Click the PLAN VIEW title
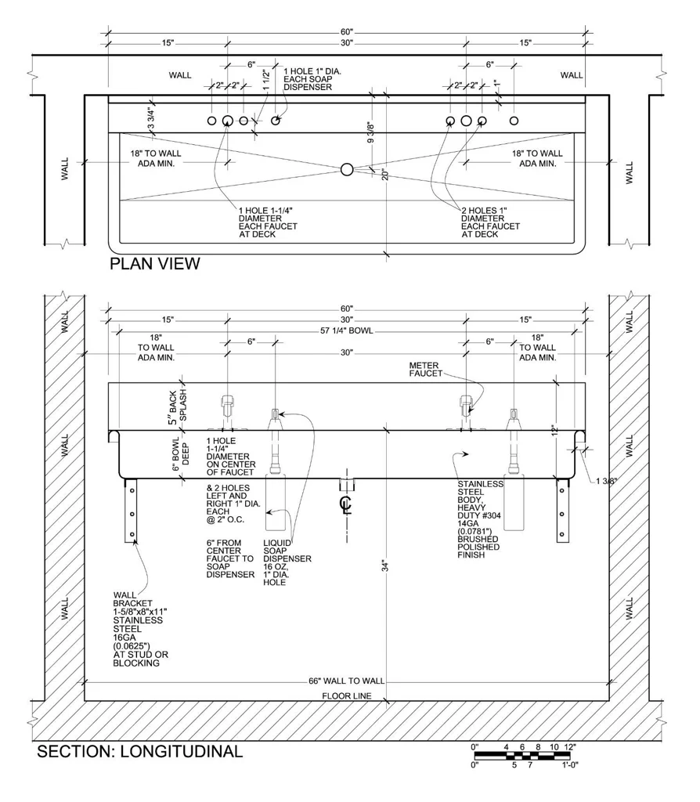(155, 264)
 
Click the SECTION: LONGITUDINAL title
(139, 751)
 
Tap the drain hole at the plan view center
(347, 169)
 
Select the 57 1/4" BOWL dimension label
(347, 331)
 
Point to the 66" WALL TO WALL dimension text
(346, 681)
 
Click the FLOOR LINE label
(347, 695)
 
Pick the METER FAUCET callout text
(425, 370)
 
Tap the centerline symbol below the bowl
(346, 504)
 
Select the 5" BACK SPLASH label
(178, 406)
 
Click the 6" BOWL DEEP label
(181, 454)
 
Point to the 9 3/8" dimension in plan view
(371, 132)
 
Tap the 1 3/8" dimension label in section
(606, 481)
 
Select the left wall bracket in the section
(132, 511)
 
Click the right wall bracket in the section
(562, 511)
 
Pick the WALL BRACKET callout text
(141, 629)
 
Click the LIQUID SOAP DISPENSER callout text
(287, 562)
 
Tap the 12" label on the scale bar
(569, 746)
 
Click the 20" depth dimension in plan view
(385, 175)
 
